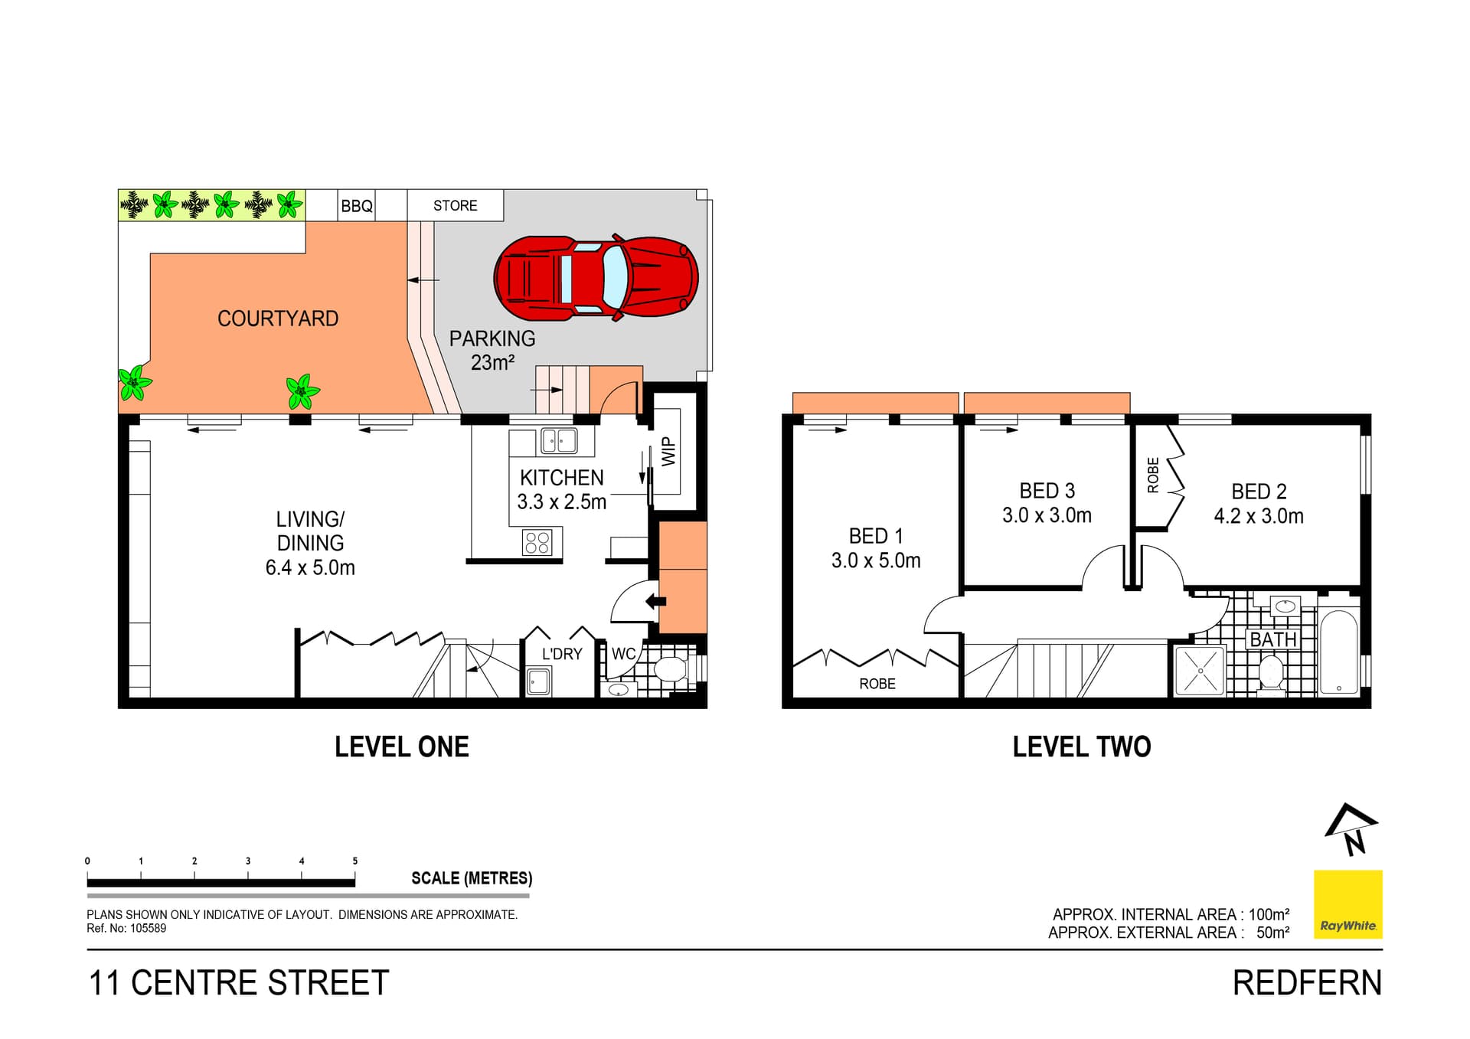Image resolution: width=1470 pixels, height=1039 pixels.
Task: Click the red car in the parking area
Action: (596, 276)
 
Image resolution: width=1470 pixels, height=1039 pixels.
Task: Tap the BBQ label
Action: (357, 206)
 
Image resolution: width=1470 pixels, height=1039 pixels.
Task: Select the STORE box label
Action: (455, 206)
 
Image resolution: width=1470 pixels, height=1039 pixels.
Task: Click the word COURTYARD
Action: (278, 319)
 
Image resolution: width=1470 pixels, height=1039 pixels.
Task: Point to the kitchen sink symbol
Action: (559, 440)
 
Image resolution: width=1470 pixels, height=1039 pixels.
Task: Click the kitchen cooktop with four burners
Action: (537, 543)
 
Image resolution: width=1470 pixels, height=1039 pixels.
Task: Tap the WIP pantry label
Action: (668, 451)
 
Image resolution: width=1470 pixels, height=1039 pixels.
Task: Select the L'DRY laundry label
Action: (562, 654)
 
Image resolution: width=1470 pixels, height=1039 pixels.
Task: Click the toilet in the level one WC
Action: (671, 670)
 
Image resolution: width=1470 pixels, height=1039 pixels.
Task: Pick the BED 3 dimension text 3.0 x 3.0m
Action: (1047, 515)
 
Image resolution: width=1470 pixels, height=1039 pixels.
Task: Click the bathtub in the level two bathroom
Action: (1338, 652)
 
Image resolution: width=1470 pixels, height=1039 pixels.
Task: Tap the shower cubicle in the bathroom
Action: (1200, 671)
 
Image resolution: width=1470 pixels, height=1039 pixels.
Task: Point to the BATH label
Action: (1272, 639)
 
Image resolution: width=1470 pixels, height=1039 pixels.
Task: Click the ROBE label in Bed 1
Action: (877, 684)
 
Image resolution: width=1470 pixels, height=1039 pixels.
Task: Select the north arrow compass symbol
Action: (1351, 829)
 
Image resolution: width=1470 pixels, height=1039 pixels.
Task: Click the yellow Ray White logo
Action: (1347, 904)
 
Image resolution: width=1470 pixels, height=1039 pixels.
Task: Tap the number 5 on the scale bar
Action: (354, 861)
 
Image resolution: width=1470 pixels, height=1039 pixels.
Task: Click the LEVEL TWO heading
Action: (1081, 747)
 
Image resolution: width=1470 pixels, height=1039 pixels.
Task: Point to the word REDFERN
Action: (1307, 983)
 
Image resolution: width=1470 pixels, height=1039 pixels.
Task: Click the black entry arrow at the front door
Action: (655, 601)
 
